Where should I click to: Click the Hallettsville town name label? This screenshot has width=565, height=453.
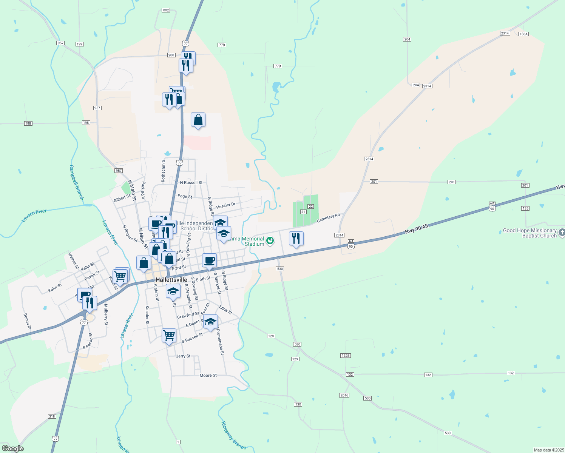[171, 280]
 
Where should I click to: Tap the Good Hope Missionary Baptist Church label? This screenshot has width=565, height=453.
[529, 233]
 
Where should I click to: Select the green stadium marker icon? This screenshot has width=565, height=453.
[270, 240]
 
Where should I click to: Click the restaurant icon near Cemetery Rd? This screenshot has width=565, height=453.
[296, 239]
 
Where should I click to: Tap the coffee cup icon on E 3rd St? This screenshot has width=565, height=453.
[209, 260]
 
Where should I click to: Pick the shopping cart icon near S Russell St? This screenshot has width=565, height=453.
[169, 335]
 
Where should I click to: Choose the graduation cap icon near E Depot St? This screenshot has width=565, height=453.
[210, 322]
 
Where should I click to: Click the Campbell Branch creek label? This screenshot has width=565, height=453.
[76, 182]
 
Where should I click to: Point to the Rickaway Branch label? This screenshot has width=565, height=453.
[233, 435]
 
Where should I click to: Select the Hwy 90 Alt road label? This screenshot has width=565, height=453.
[417, 228]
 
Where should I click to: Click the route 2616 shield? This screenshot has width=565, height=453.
[344, 395]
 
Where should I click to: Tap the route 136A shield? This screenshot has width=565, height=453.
[523, 34]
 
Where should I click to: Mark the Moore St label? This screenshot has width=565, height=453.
[208, 375]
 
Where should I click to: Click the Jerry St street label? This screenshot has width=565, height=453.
[183, 356]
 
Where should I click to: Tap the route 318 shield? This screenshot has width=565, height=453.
[52, 416]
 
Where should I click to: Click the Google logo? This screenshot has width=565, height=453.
[12, 448]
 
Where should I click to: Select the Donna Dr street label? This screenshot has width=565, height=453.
[27, 322]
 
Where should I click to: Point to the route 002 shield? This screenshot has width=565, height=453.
[166, 10]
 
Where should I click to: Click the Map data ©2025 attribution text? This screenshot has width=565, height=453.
[548, 450]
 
